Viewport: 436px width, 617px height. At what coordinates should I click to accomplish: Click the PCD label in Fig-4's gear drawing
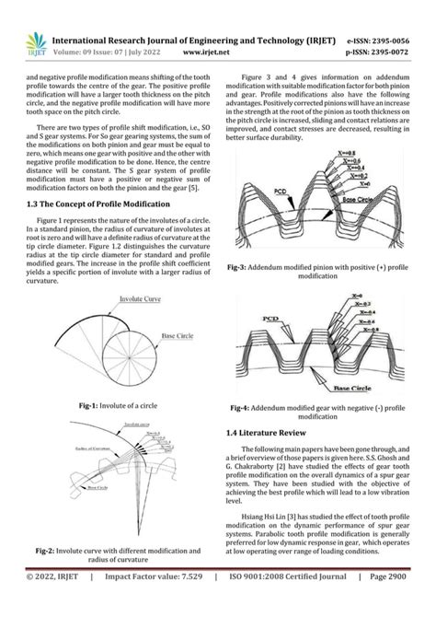click(x=271, y=319)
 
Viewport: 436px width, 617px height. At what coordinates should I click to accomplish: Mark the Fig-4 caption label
click(x=240, y=406)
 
